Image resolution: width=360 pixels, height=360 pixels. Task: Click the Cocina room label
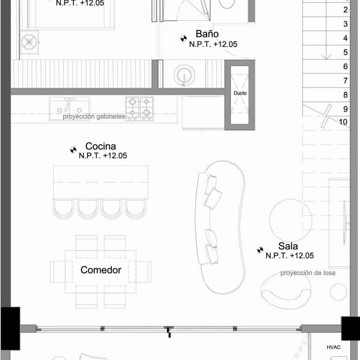[x=101, y=146]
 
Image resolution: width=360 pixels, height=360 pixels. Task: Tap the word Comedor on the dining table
[x=101, y=270]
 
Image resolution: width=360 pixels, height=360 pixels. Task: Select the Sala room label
[x=288, y=246]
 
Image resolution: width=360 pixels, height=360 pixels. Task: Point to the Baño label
[x=207, y=34]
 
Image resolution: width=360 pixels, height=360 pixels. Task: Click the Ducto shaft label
[x=240, y=93]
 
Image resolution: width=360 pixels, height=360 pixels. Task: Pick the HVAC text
[x=334, y=347]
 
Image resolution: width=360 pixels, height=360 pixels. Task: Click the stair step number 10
[x=343, y=122]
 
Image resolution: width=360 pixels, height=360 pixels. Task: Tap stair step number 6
[x=345, y=66]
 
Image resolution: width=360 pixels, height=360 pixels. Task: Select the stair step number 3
[x=345, y=24]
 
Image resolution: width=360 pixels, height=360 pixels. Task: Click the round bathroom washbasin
[x=184, y=75]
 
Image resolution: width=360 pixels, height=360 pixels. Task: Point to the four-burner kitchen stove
[x=139, y=108]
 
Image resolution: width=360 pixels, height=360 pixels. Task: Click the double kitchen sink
[x=69, y=108]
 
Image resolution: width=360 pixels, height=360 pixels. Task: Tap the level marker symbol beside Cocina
[x=73, y=150]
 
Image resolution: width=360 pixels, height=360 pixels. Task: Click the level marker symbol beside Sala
[x=260, y=250]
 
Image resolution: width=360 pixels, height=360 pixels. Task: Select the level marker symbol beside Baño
[x=184, y=39]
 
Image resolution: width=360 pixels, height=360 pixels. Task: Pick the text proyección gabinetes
[x=94, y=116]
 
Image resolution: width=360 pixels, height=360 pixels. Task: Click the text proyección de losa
[x=308, y=273]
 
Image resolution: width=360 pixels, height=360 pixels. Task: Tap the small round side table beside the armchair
[x=338, y=292]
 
